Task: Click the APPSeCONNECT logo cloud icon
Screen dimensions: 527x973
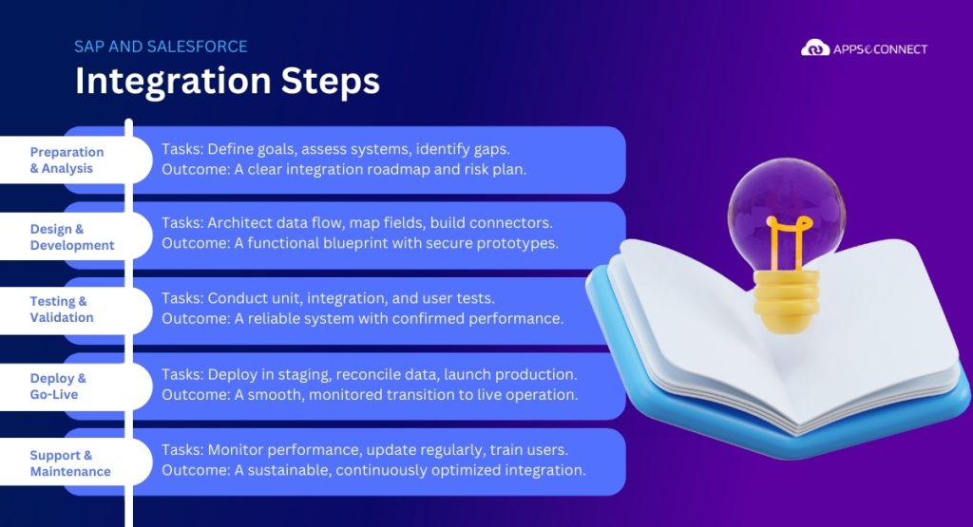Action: (x=815, y=47)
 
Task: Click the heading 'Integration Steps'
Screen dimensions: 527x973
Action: (x=227, y=81)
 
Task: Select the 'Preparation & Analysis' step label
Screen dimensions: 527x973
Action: (x=67, y=160)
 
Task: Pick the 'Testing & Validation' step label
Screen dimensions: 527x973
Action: (x=61, y=310)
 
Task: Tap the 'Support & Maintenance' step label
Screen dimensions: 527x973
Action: (x=70, y=463)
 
